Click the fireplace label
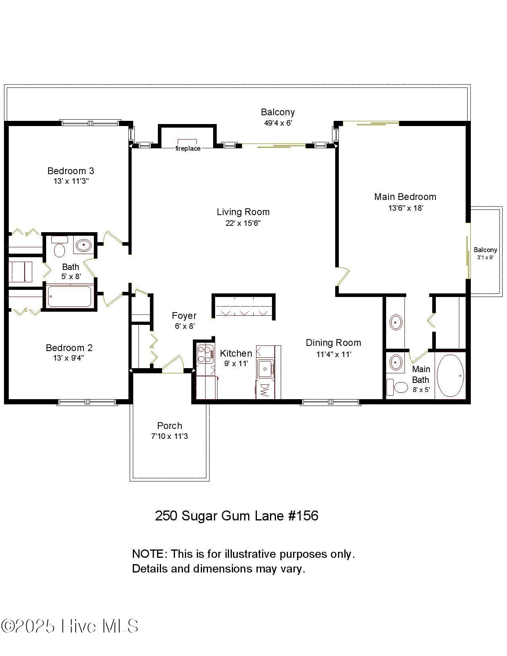[x=188, y=149]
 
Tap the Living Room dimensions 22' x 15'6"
[x=243, y=223]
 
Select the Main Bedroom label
[x=405, y=197]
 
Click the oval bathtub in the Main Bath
[x=450, y=375]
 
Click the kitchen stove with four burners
[x=205, y=355]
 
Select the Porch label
[x=169, y=426]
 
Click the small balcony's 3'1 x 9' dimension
[x=485, y=257]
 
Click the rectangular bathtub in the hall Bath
[x=70, y=297]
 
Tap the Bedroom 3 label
[x=70, y=171]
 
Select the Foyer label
[x=184, y=316]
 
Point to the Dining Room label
[x=333, y=343]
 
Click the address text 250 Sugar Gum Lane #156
[x=236, y=516]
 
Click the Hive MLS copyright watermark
[x=70, y=626]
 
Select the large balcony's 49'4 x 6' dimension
[x=278, y=123]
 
